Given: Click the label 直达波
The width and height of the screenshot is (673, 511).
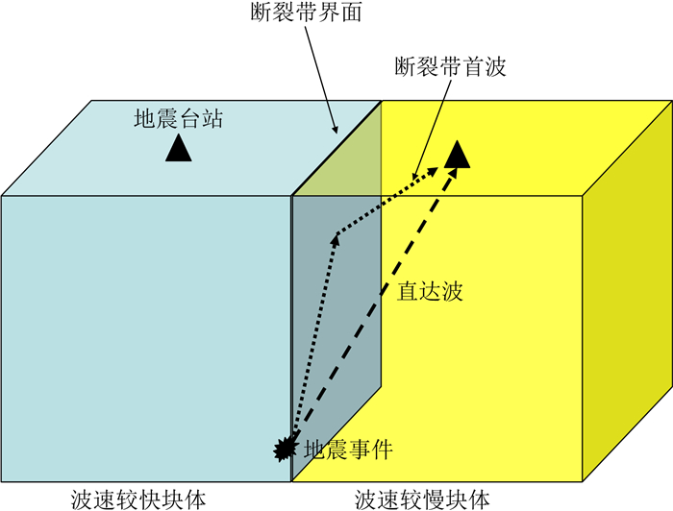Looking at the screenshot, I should (x=430, y=291).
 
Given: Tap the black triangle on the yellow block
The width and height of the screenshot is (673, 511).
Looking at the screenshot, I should (x=459, y=152).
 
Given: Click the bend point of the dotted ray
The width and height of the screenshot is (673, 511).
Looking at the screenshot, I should (x=335, y=234).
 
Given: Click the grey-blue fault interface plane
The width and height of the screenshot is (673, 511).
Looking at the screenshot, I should (x=336, y=327).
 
